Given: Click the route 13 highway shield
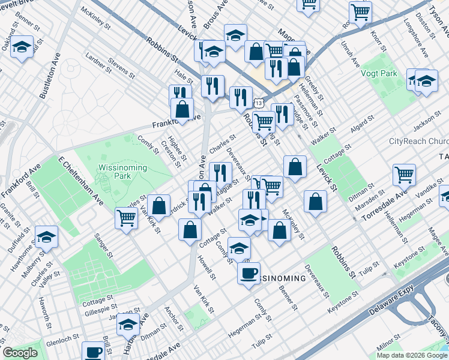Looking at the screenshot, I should click(258, 103).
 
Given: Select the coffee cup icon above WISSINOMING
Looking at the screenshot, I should click(249, 273).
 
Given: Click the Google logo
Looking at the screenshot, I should click(20, 353).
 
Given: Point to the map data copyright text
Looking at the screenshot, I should click(411, 355).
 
